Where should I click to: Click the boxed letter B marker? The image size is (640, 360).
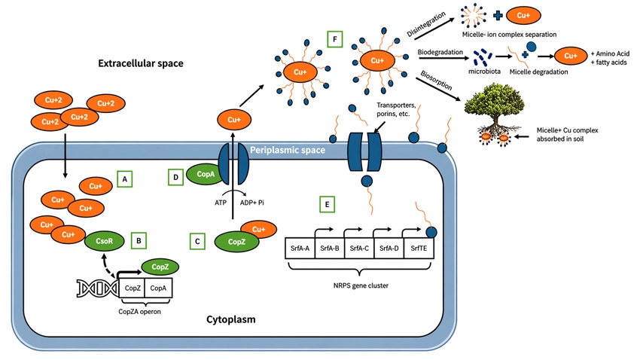point(139,240)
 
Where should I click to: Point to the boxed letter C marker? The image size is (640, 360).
point(197,241)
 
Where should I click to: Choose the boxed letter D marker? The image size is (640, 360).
point(175,177)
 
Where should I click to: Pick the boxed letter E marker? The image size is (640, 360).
point(325,203)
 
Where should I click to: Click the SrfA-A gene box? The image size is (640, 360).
point(300,248)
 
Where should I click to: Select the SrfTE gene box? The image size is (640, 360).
point(418,248)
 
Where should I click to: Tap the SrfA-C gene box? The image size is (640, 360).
point(359,248)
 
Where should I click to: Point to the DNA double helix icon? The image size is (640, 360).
point(96,287)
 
